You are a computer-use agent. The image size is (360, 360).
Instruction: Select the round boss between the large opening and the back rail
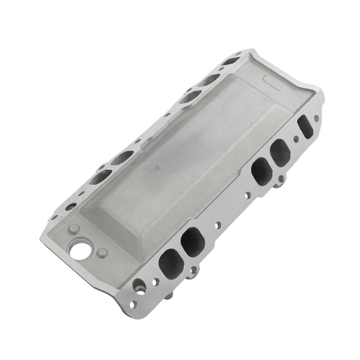point(73,229)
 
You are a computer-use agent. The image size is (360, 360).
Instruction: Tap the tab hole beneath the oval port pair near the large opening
point(194,270)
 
